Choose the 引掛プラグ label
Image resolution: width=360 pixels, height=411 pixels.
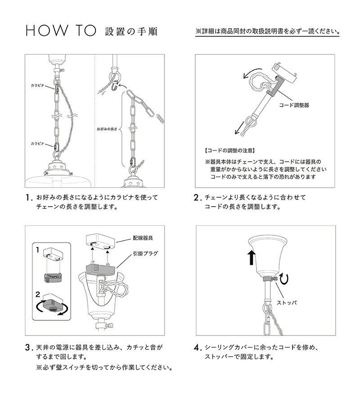(146, 254)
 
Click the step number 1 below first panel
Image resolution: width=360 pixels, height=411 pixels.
(29, 198)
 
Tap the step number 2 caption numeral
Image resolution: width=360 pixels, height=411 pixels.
(197, 198)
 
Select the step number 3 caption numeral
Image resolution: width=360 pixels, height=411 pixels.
(29, 348)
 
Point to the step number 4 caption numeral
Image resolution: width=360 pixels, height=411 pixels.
(197, 348)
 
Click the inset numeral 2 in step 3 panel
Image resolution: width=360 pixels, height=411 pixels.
(40, 294)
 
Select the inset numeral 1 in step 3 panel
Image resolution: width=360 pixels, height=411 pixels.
(39, 249)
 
